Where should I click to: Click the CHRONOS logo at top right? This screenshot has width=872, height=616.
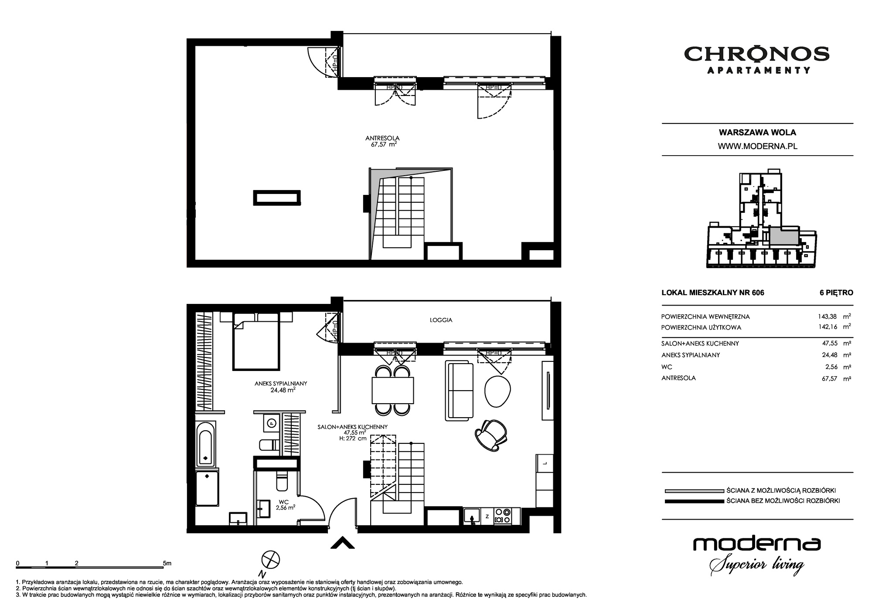tap(756, 59)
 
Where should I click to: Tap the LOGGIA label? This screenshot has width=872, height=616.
tap(441, 320)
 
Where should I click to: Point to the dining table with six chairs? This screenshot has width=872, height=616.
tap(393, 390)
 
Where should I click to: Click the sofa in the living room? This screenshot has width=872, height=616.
tap(459, 391)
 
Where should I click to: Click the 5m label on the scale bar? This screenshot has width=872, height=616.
tap(167, 563)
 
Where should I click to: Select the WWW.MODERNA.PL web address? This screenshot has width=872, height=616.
tap(758, 146)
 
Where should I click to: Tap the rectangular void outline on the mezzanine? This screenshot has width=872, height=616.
tap(277, 198)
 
